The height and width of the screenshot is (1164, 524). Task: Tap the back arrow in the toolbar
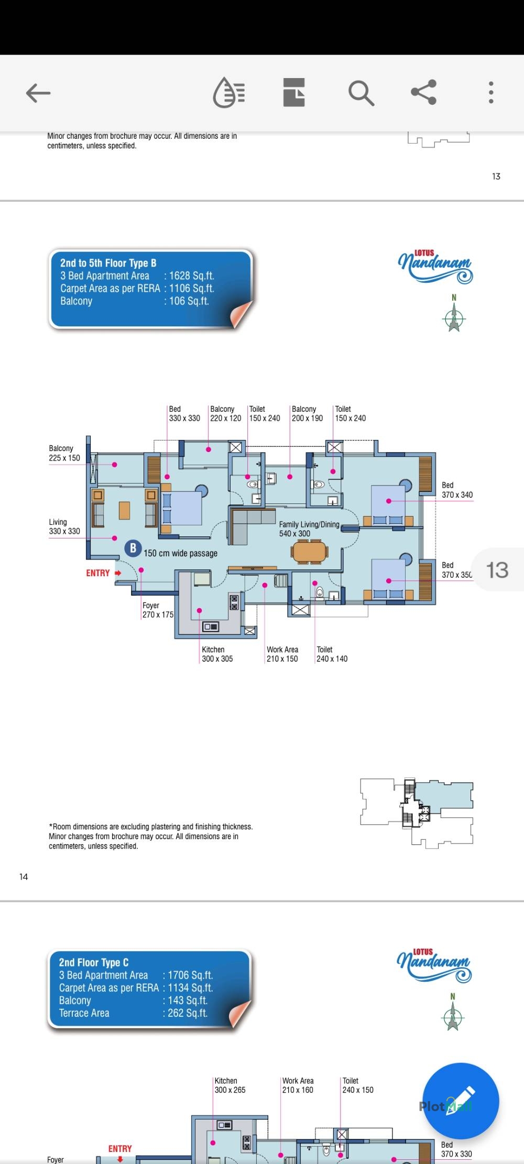pos(38,93)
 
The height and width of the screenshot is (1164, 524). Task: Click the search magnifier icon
pos(361,93)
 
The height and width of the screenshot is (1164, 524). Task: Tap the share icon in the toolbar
pos(423,92)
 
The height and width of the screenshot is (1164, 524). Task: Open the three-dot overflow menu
pos(491,93)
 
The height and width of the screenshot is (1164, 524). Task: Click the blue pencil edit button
pos(461,1101)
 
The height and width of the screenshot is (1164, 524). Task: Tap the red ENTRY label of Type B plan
pos(98,573)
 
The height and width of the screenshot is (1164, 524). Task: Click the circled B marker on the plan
pos(133,548)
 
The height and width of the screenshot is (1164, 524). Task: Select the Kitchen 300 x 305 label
pos(217,654)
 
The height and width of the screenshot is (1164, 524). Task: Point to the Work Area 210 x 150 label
pos(282,654)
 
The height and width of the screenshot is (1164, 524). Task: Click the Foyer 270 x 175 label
pos(158,610)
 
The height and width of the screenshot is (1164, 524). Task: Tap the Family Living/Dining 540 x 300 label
pos(309,529)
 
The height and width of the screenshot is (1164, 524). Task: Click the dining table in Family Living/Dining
pos(310,552)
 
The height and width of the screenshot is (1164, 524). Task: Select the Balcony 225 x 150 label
pos(64,453)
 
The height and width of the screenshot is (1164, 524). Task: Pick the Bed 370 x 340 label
pos(457,490)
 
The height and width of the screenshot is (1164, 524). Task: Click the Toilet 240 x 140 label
pos(332,654)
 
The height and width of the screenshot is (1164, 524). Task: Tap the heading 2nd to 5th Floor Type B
pos(108,263)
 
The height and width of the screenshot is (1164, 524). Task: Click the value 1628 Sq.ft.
pos(192,276)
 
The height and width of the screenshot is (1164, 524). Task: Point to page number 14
pos(24,877)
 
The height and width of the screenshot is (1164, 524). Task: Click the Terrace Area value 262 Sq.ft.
pos(188,1013)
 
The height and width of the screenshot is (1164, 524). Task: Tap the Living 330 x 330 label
pos(64,527)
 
